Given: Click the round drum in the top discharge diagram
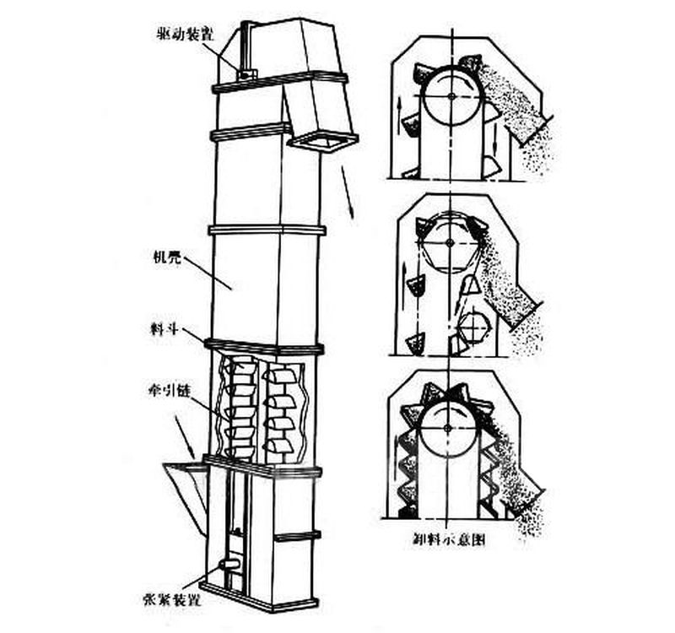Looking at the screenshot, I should pyautogui.click(x=453, y=98).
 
